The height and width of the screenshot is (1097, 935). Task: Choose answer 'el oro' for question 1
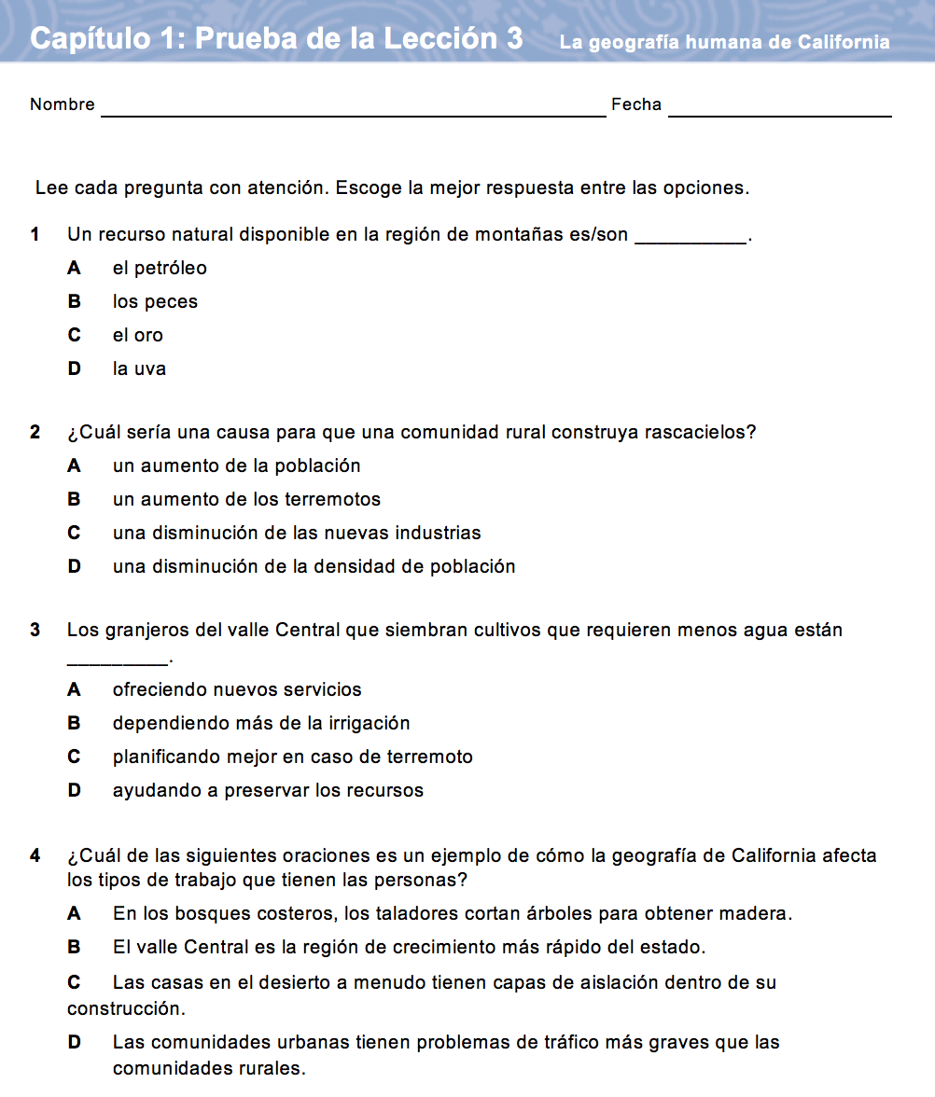(x=138, y=335)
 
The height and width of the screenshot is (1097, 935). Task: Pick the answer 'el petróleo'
(x=160, y=268)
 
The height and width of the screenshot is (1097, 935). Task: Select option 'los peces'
(x=155, y=301)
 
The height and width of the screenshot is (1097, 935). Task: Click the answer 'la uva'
(x=139, y=368)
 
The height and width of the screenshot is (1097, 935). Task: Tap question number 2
(x=35, y=432)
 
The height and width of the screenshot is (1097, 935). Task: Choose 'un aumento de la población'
(x=236, y=465)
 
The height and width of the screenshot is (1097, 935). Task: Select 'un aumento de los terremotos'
(x=246, y=499)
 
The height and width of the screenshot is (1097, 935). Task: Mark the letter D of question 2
(x=74, y=566)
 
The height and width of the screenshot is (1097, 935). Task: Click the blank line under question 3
(x=118, y=662)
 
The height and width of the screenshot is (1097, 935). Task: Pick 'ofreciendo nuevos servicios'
(x=236, y=689)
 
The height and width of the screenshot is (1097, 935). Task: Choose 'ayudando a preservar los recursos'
(x=268, y=790)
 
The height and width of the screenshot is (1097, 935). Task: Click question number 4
(x=35, y=855)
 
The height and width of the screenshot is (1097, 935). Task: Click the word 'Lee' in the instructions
(x=49, y=187)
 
